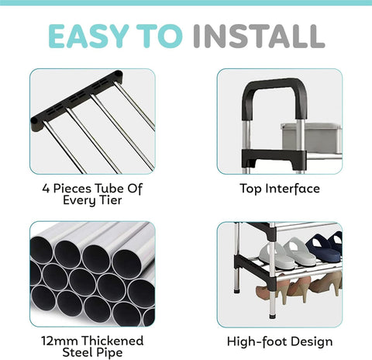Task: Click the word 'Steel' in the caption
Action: click(76, 354)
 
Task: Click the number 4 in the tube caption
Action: click(45, 188)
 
